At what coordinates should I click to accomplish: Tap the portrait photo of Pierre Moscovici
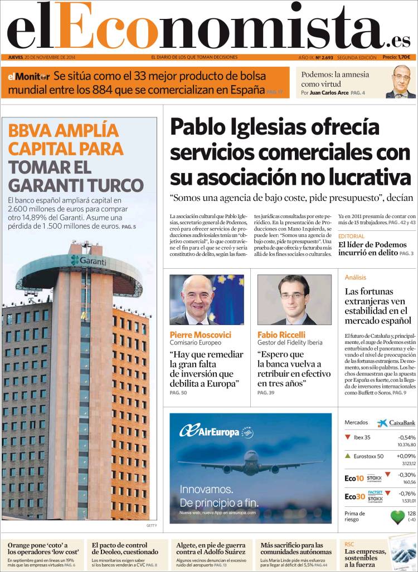pos(206,299)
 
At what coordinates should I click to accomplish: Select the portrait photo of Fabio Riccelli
pos(294,299)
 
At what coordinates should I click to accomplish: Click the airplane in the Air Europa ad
pos(250,464)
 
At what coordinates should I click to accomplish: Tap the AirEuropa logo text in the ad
pos(210,432)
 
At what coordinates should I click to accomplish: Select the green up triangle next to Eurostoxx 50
pos(348,456)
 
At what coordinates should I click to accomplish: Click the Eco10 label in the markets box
pos(354,478)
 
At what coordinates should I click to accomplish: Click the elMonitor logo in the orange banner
pos(28,76)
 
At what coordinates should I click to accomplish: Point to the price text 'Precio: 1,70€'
pos(396,57)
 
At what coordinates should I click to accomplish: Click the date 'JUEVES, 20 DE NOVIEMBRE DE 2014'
pos(42,57)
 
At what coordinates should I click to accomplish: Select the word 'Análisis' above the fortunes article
pos(356,277)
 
